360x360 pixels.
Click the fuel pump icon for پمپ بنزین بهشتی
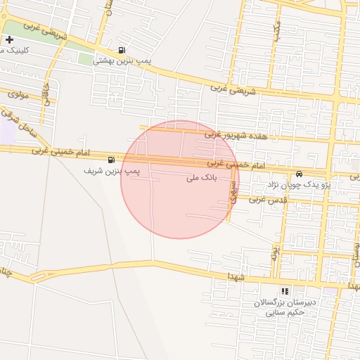pos(123,50)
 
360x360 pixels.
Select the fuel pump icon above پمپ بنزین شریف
pos(112,160)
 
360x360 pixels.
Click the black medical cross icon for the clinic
pos(9,40)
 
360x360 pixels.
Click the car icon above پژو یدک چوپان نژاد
pos(300,174)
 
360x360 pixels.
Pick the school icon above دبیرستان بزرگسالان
pos(284,290)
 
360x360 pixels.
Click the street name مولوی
pos(18,93)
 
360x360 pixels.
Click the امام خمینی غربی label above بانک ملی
pos(236,165)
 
